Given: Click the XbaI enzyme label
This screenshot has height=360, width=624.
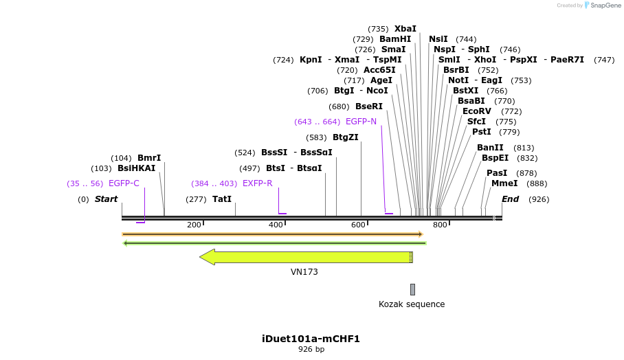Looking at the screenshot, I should (x=405, y=29).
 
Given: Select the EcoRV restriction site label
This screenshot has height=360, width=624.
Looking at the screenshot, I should (x=477, y=111).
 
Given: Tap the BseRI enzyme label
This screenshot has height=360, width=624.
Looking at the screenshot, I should (x=369, y=106).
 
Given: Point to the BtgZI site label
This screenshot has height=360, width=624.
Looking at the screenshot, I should (x=346, y=137).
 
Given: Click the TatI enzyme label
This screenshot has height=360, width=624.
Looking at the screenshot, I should (x=222, y=199).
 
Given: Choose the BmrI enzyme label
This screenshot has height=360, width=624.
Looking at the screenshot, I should (x=149, y=158).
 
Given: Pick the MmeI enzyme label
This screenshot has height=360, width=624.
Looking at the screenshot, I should (x=504, y=183).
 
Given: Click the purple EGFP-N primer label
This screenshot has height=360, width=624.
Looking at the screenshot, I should (x=361, y=122).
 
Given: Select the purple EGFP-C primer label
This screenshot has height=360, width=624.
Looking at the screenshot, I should (x=124, y=183).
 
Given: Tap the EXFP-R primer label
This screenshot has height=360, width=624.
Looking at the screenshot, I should (x=257, y=183).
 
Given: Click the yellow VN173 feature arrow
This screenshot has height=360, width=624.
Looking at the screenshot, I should (x=307, y=257).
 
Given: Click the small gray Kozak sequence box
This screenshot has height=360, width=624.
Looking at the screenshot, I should (x=412, y=289).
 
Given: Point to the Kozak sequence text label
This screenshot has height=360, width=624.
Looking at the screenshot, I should (x=412, y=304).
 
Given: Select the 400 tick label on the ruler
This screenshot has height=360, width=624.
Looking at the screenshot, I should (x=276, y=225).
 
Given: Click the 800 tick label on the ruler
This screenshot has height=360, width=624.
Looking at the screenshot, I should (x=440, y=225).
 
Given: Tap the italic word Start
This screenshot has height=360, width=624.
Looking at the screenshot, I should (x=107, y=199).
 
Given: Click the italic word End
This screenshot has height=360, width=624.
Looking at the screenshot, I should (x=511, y=199).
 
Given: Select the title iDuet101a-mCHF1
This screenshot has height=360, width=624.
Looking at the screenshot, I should (x=311, y=339).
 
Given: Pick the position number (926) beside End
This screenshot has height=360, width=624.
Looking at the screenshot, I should (x=539, y=199).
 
